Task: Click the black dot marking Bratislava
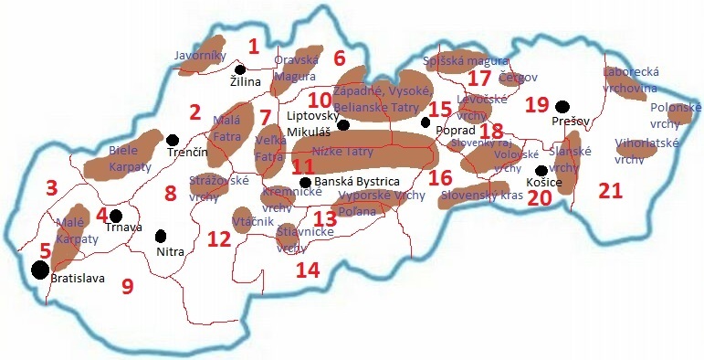39,270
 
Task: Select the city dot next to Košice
541,171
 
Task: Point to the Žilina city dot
240,69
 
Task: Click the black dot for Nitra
162,236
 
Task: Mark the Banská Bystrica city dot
305,182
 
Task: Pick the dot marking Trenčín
173,140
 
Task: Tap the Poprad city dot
426,122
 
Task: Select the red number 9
127,285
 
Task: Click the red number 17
478,79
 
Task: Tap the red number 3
52,188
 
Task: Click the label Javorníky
200,56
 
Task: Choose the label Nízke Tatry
342,152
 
